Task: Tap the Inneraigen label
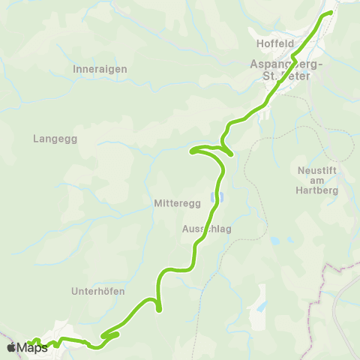pyautogui.click(x=100, y=68)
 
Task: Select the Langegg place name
pyautogui.click(x=55, y=139)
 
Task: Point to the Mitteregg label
pyautogui.click(x=174, y=203)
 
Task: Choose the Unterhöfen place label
pyautogui.click(x=98, y=291)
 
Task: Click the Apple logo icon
pyautogui.click(x=11, y=347)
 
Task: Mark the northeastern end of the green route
pyautogui.click(x=330, y=13)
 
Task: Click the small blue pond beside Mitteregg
pyautogui.click(x=215, y=198)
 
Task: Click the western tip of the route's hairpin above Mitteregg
pyautogui.click(x=193, y=151)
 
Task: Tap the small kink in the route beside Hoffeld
pyautogui.click(x=294, y=55)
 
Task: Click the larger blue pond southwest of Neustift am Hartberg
pyautogui.click(x=274, y=241)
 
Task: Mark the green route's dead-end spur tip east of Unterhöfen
pyautogui.click(x=159, y=308)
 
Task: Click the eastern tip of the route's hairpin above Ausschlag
pyautogui.click(x=232, y=154)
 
